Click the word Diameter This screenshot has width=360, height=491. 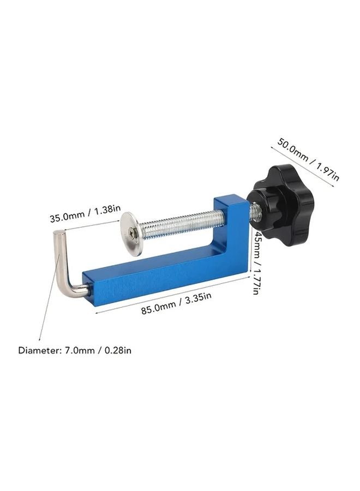pyautogui.click(x=39, y=350)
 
